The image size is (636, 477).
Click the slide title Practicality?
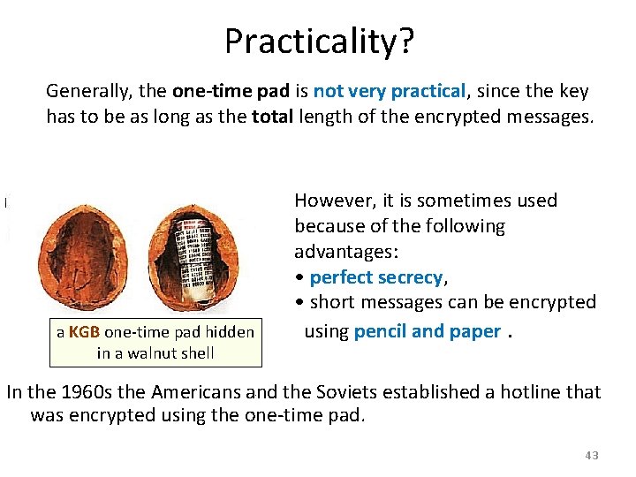(x=317, y=41)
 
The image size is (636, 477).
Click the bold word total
(x=273, y=116)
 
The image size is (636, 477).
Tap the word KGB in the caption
(x=84, y=333)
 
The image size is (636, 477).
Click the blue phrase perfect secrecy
(x=377, y=277)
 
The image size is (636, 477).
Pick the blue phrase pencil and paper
(x=427, y=331)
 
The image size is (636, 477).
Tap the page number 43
(x=591, y=455)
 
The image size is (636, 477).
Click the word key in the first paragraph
(x=573, y=91)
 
